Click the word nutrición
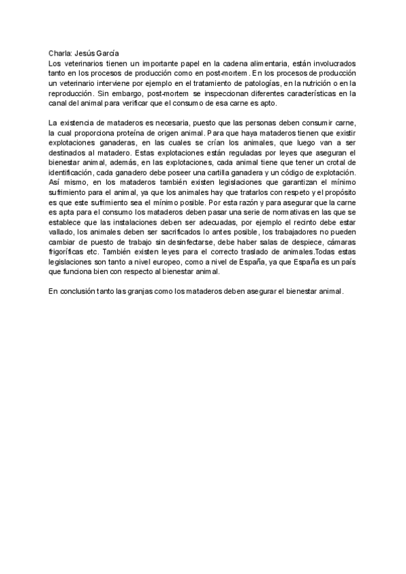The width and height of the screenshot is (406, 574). click(318, 82)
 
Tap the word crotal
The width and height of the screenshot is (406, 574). click(344, 163)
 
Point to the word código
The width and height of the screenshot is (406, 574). click(291, 173)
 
